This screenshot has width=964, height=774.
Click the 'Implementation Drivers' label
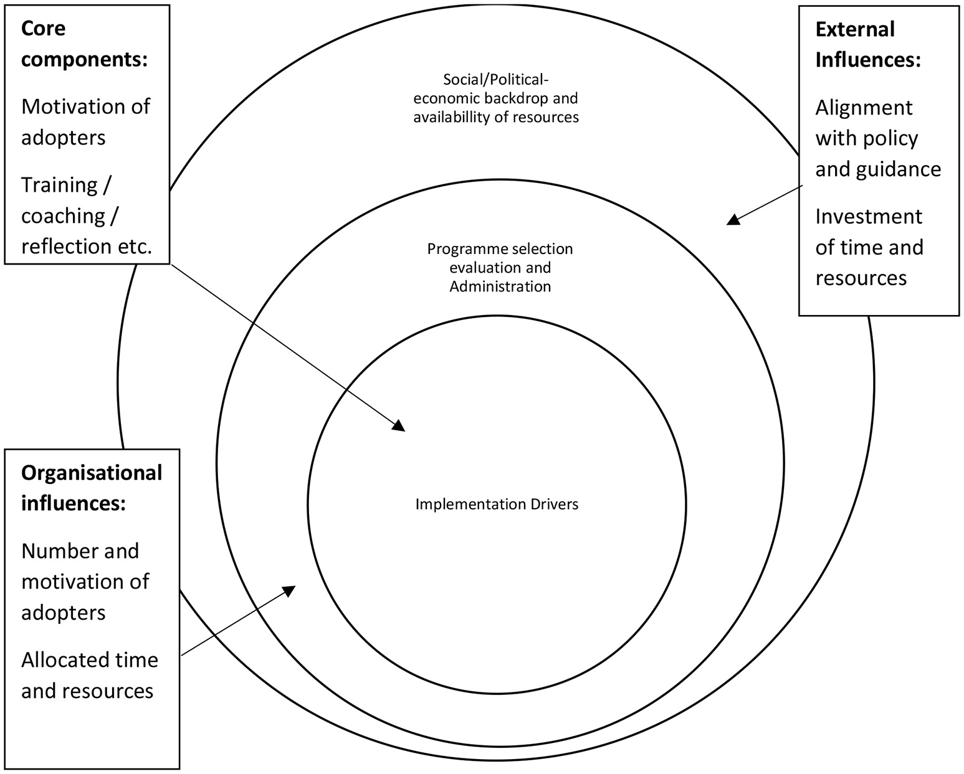[x=497, y=504]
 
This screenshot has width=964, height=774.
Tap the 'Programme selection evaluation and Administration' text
[x=500, y=267]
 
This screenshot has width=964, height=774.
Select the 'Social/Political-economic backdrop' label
[x=496, y=98]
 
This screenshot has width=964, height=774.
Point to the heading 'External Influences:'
[x=867, y=44]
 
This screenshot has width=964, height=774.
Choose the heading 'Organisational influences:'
[x=92, y=488]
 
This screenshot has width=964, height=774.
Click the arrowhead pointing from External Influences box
[x=734, y=219]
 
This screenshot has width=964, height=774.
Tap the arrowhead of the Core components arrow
[x=399, y=425]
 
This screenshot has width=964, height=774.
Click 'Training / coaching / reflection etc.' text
[x=86, y=215]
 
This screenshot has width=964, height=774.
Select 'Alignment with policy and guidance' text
[x=877, y=138]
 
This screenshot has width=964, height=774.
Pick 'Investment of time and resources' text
[x=869, y=247]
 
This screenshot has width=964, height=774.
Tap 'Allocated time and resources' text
[x=89, y=675]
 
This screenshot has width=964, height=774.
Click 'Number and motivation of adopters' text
[x=85, y=582]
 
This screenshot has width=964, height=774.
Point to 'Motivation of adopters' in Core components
[x=85, y=122]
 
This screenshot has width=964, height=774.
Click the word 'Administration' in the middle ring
[x=500, y=286]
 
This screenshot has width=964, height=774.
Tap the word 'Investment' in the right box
[x=869, y=217]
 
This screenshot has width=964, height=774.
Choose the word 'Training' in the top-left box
[x=59, y=185]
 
